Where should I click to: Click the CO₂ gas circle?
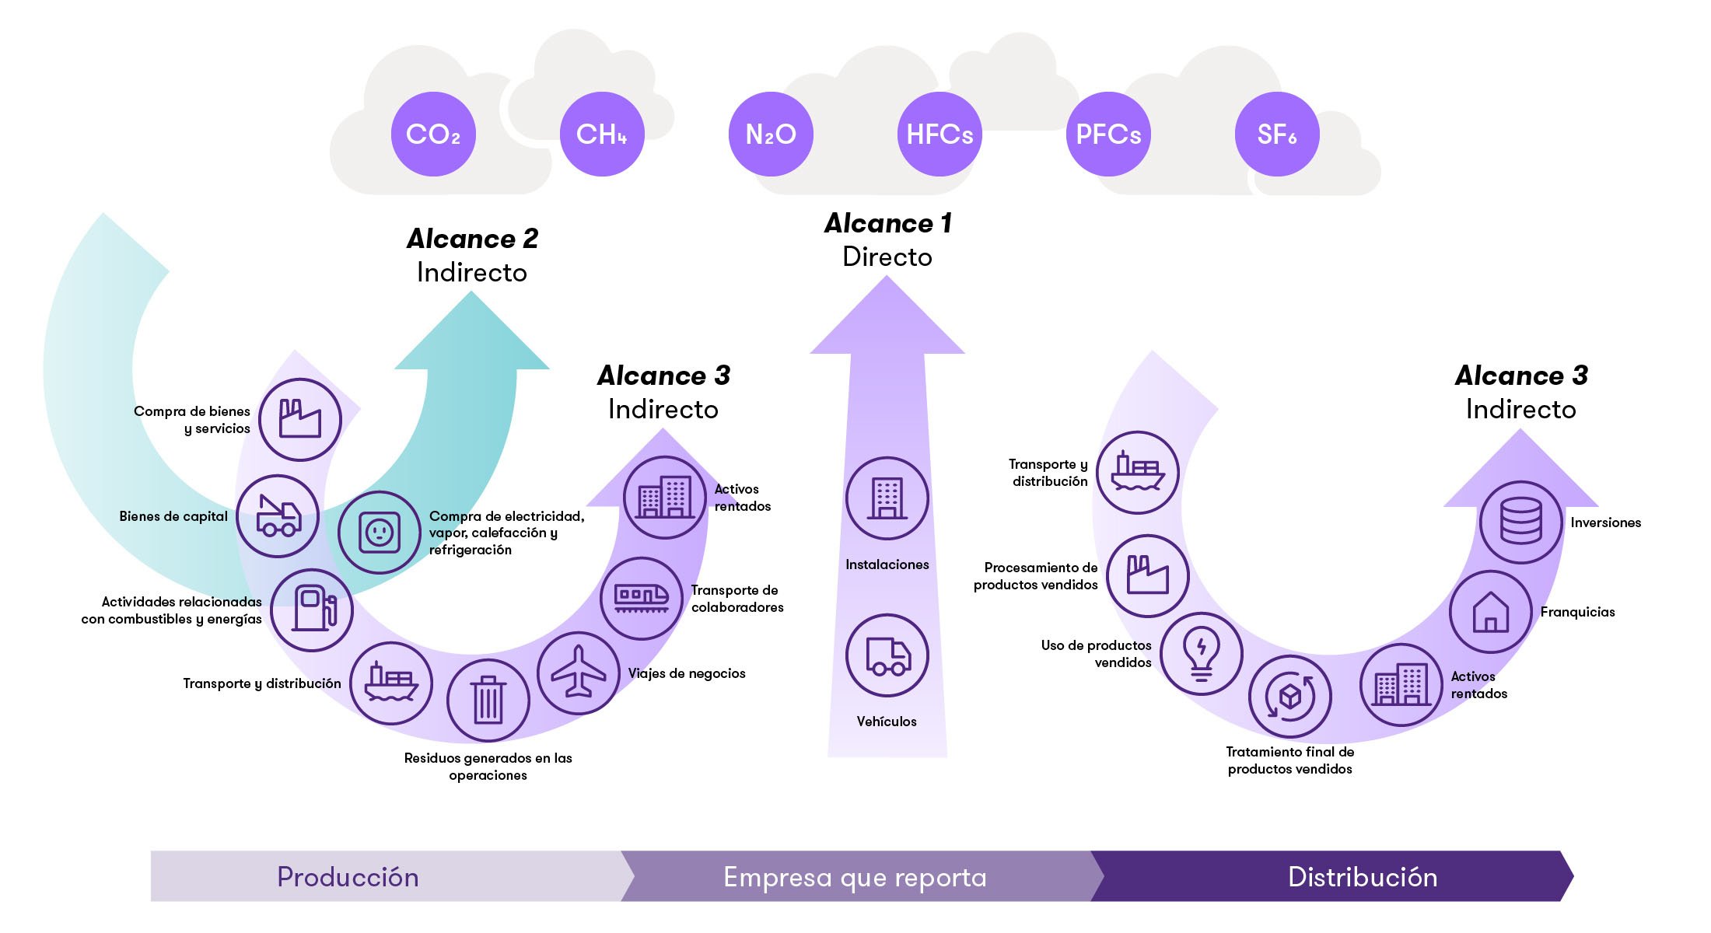point(433,135)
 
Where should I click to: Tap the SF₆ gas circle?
point(1277,135)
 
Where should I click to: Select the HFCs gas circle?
point(939,135)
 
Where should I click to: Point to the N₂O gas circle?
point(771,135)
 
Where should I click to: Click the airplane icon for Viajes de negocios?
point(578,673)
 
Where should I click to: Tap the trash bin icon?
point(488,700)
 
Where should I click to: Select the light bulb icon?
point(1202,653)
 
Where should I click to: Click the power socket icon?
point(379,533)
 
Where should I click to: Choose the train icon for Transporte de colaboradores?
point(642,598)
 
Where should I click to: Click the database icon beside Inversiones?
point(1520,522)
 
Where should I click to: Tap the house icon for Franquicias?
point(1490,612)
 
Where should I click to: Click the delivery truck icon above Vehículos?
point(887,655)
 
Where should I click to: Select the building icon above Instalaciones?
point(887,498)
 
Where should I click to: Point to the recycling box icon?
point(1289,696)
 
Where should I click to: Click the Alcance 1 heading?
point(887,224)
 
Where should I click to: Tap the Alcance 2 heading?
point(472,239)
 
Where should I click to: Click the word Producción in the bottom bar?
point(348,877)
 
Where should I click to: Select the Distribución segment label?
point(1363,877)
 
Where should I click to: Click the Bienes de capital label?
point(173,516)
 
